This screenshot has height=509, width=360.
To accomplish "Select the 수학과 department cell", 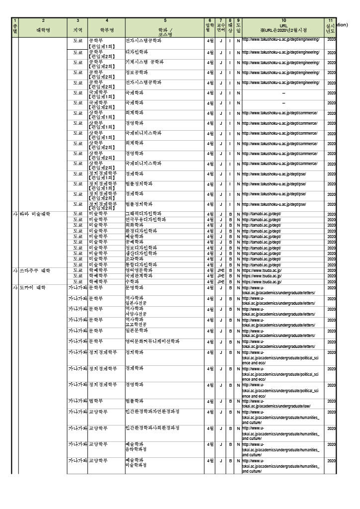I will pyautogui.click(x=133, y=281).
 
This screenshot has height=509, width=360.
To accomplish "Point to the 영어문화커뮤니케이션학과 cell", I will pyautogui.click(x=152, y=341).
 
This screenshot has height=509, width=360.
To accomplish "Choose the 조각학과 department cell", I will pyautogui.click(x=135, y=259).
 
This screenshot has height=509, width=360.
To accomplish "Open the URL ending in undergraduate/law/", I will pyautogui.click(x=278, y=404).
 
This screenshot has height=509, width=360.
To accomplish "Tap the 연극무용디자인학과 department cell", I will pyautogui.click(x=146, y=219).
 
